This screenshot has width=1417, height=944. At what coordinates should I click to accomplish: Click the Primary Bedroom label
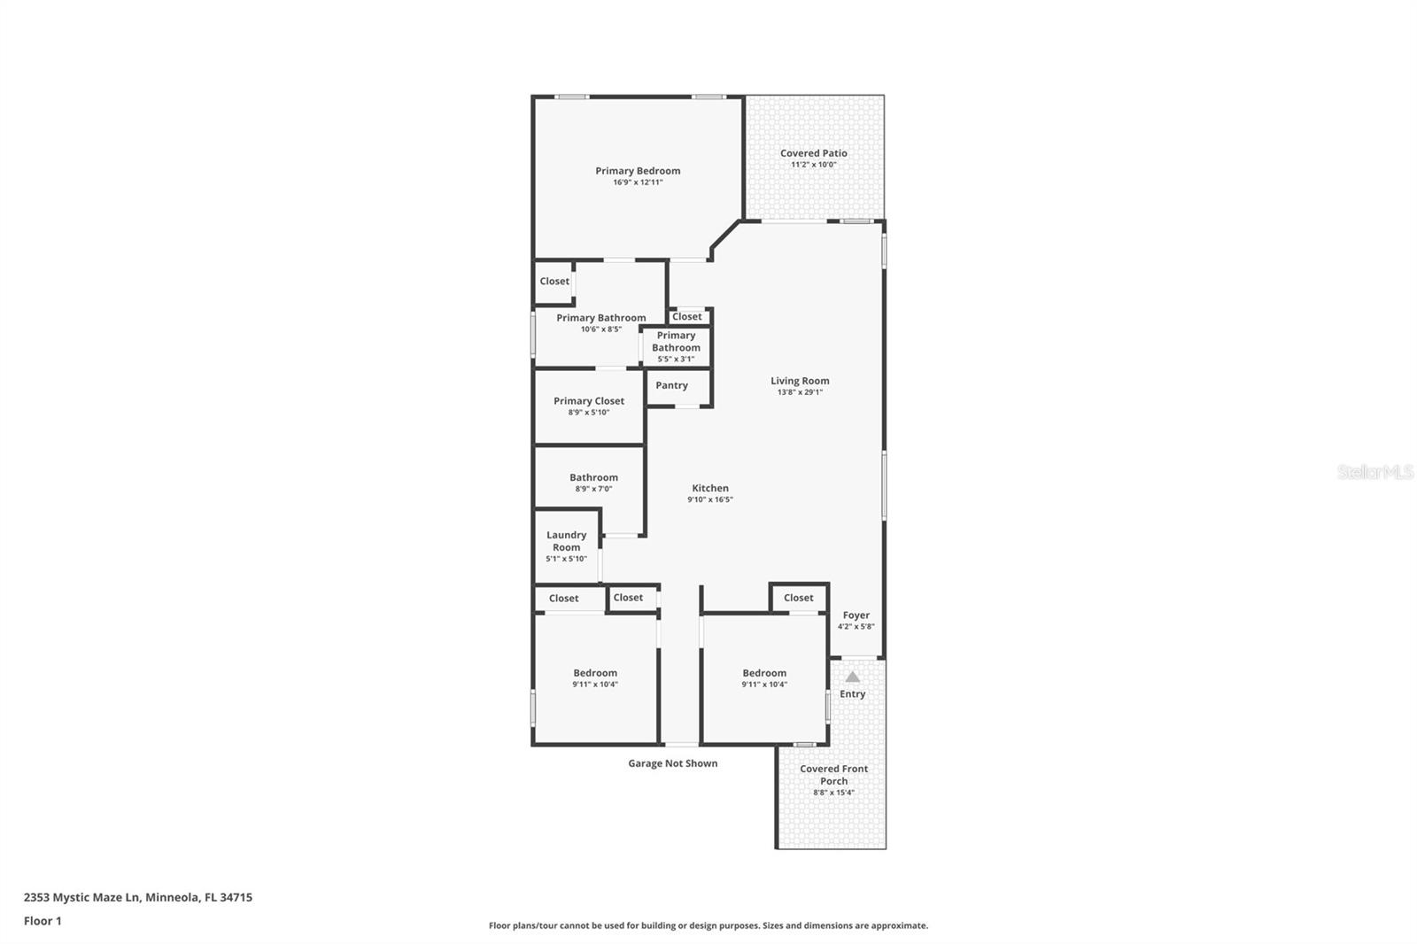(638, 171)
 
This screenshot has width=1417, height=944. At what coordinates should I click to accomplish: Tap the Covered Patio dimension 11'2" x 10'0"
(813, 165)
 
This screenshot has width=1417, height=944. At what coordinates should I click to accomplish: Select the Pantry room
(672, 386)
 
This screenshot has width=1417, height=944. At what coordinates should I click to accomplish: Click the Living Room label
(800, 381)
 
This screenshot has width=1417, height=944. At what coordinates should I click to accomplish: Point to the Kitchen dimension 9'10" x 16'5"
(709, 499)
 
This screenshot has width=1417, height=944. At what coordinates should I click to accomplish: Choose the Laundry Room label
(566, 541)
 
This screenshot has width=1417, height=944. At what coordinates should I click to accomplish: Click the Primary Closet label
(589, 401)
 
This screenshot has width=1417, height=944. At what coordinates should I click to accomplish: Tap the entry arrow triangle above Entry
(852, 677)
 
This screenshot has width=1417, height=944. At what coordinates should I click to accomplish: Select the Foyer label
(856, 615)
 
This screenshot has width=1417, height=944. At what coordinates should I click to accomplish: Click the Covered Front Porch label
(833, 775)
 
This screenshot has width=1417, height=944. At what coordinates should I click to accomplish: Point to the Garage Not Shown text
(672, 763)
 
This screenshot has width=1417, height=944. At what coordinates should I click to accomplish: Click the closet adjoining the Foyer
(798, 598)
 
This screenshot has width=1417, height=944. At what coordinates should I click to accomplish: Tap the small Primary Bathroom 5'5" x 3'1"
(676, 346)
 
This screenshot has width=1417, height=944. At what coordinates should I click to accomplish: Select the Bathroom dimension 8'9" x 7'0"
(593, 489)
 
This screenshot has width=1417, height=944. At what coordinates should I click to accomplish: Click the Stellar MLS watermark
(1374, 473)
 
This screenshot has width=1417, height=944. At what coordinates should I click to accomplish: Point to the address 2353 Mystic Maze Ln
(137, 897)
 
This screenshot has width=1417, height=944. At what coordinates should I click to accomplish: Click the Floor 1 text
(43, 921)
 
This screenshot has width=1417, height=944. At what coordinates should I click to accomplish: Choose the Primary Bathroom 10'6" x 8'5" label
(600, 318)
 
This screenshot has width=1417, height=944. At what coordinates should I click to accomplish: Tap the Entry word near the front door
(852, 694)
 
